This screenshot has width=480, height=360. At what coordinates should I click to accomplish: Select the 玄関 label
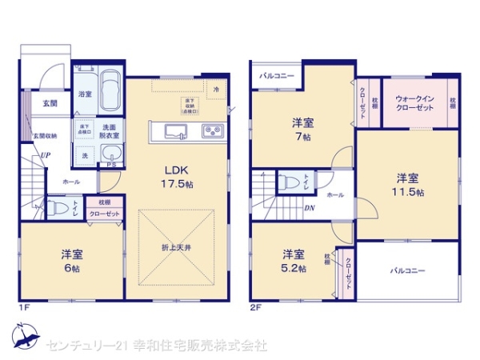click(x=50, y=104)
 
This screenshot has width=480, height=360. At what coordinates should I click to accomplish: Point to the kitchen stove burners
click(x=211, y=130)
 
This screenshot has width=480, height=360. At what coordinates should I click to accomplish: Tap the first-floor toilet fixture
click(x=57, y=209)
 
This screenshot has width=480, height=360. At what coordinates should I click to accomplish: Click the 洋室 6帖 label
click(x=70, y=261)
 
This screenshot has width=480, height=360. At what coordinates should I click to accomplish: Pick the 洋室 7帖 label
click(x=302, y=129)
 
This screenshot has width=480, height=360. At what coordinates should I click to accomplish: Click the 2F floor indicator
click(x=256, y=305)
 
